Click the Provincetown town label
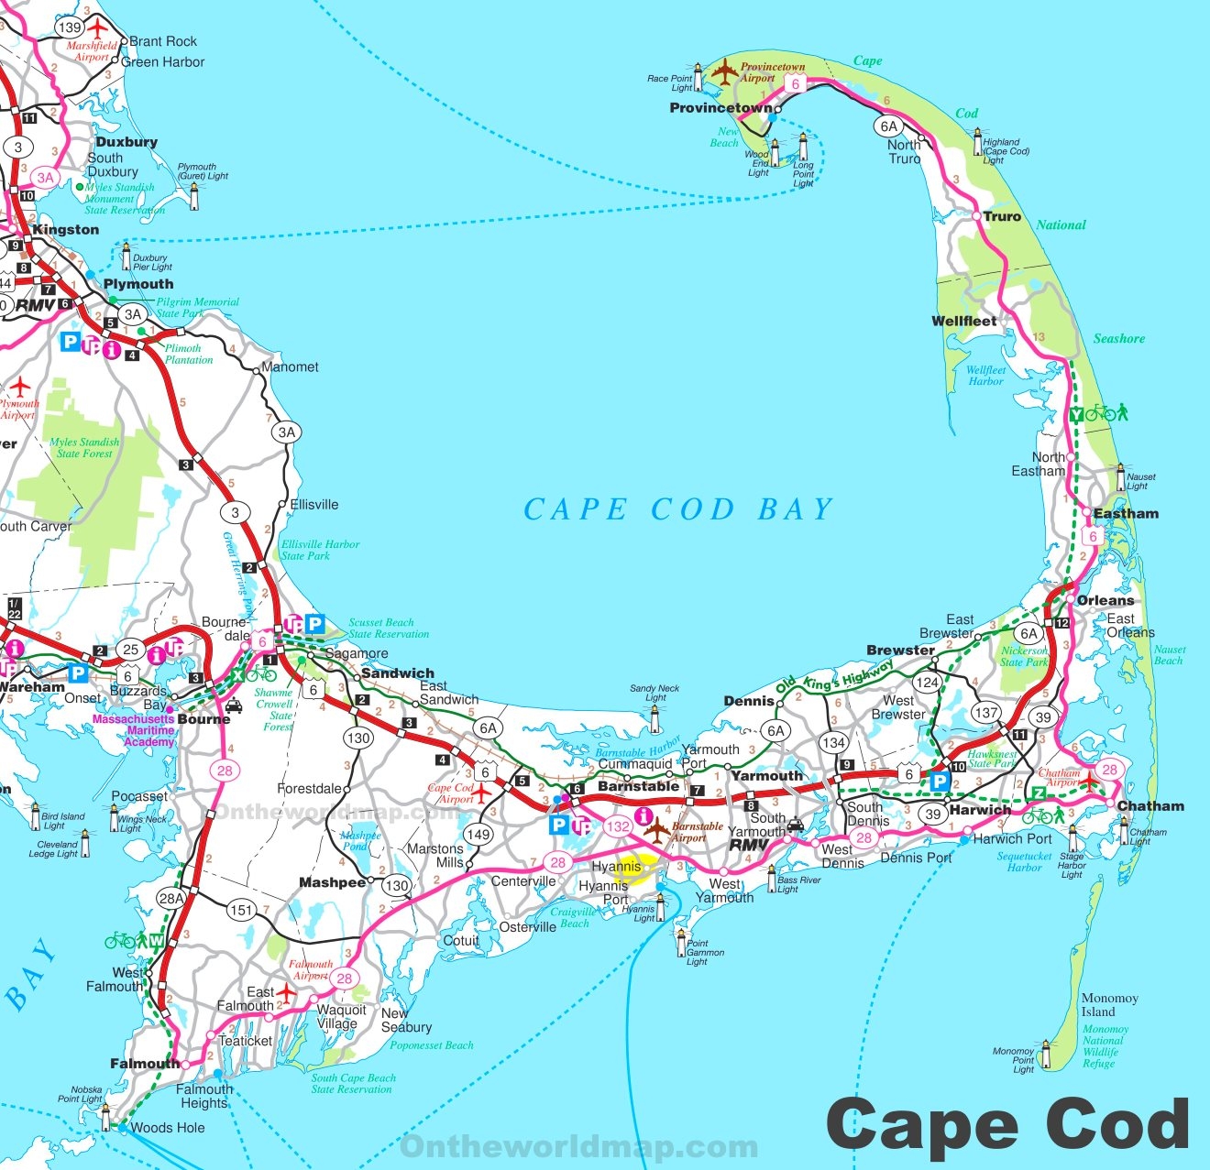(720, 108)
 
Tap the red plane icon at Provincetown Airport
(724, 71)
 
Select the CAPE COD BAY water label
(677, 509)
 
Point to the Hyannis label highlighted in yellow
(617, 867)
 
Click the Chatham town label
(1150, 806)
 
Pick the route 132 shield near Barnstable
(618, 826)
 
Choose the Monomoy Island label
(1109, 1005)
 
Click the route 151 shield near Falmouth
(241, 910)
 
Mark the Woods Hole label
(168, 1128)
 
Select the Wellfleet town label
(963, 321)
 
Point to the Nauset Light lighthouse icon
(1120, 478)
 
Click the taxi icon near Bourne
(234, 706)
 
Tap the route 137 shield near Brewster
(986, 712)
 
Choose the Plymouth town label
(137, 284)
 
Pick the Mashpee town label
(332, 883)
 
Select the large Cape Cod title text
(1007, 1124)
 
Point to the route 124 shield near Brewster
(927, 683)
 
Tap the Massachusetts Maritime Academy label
(134, 730)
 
